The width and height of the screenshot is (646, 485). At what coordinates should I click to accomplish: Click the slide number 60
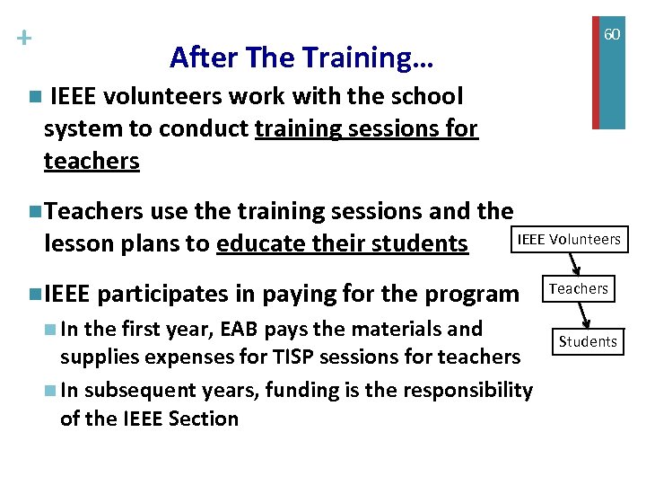pyautogui.click(x=611, y=34)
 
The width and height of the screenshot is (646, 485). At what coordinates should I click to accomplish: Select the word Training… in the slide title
pyautogui.click(x=368, y=57)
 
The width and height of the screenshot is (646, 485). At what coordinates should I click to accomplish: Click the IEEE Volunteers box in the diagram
pyautogui.click(x=569, y=239)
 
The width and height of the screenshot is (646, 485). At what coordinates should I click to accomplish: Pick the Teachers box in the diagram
pyautogui.click(x=579, y=288)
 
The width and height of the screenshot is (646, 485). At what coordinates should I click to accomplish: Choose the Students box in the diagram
pyautogui.click(x=588, y=341)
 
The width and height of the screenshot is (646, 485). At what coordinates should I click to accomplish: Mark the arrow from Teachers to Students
pyautogui.click(x=583, y=314)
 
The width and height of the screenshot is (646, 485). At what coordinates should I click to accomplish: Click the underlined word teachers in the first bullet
pyautogui.click(x=92, y=161)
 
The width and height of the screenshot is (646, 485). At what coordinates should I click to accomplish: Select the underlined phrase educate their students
pyautogui.click(x=342, y=243)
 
